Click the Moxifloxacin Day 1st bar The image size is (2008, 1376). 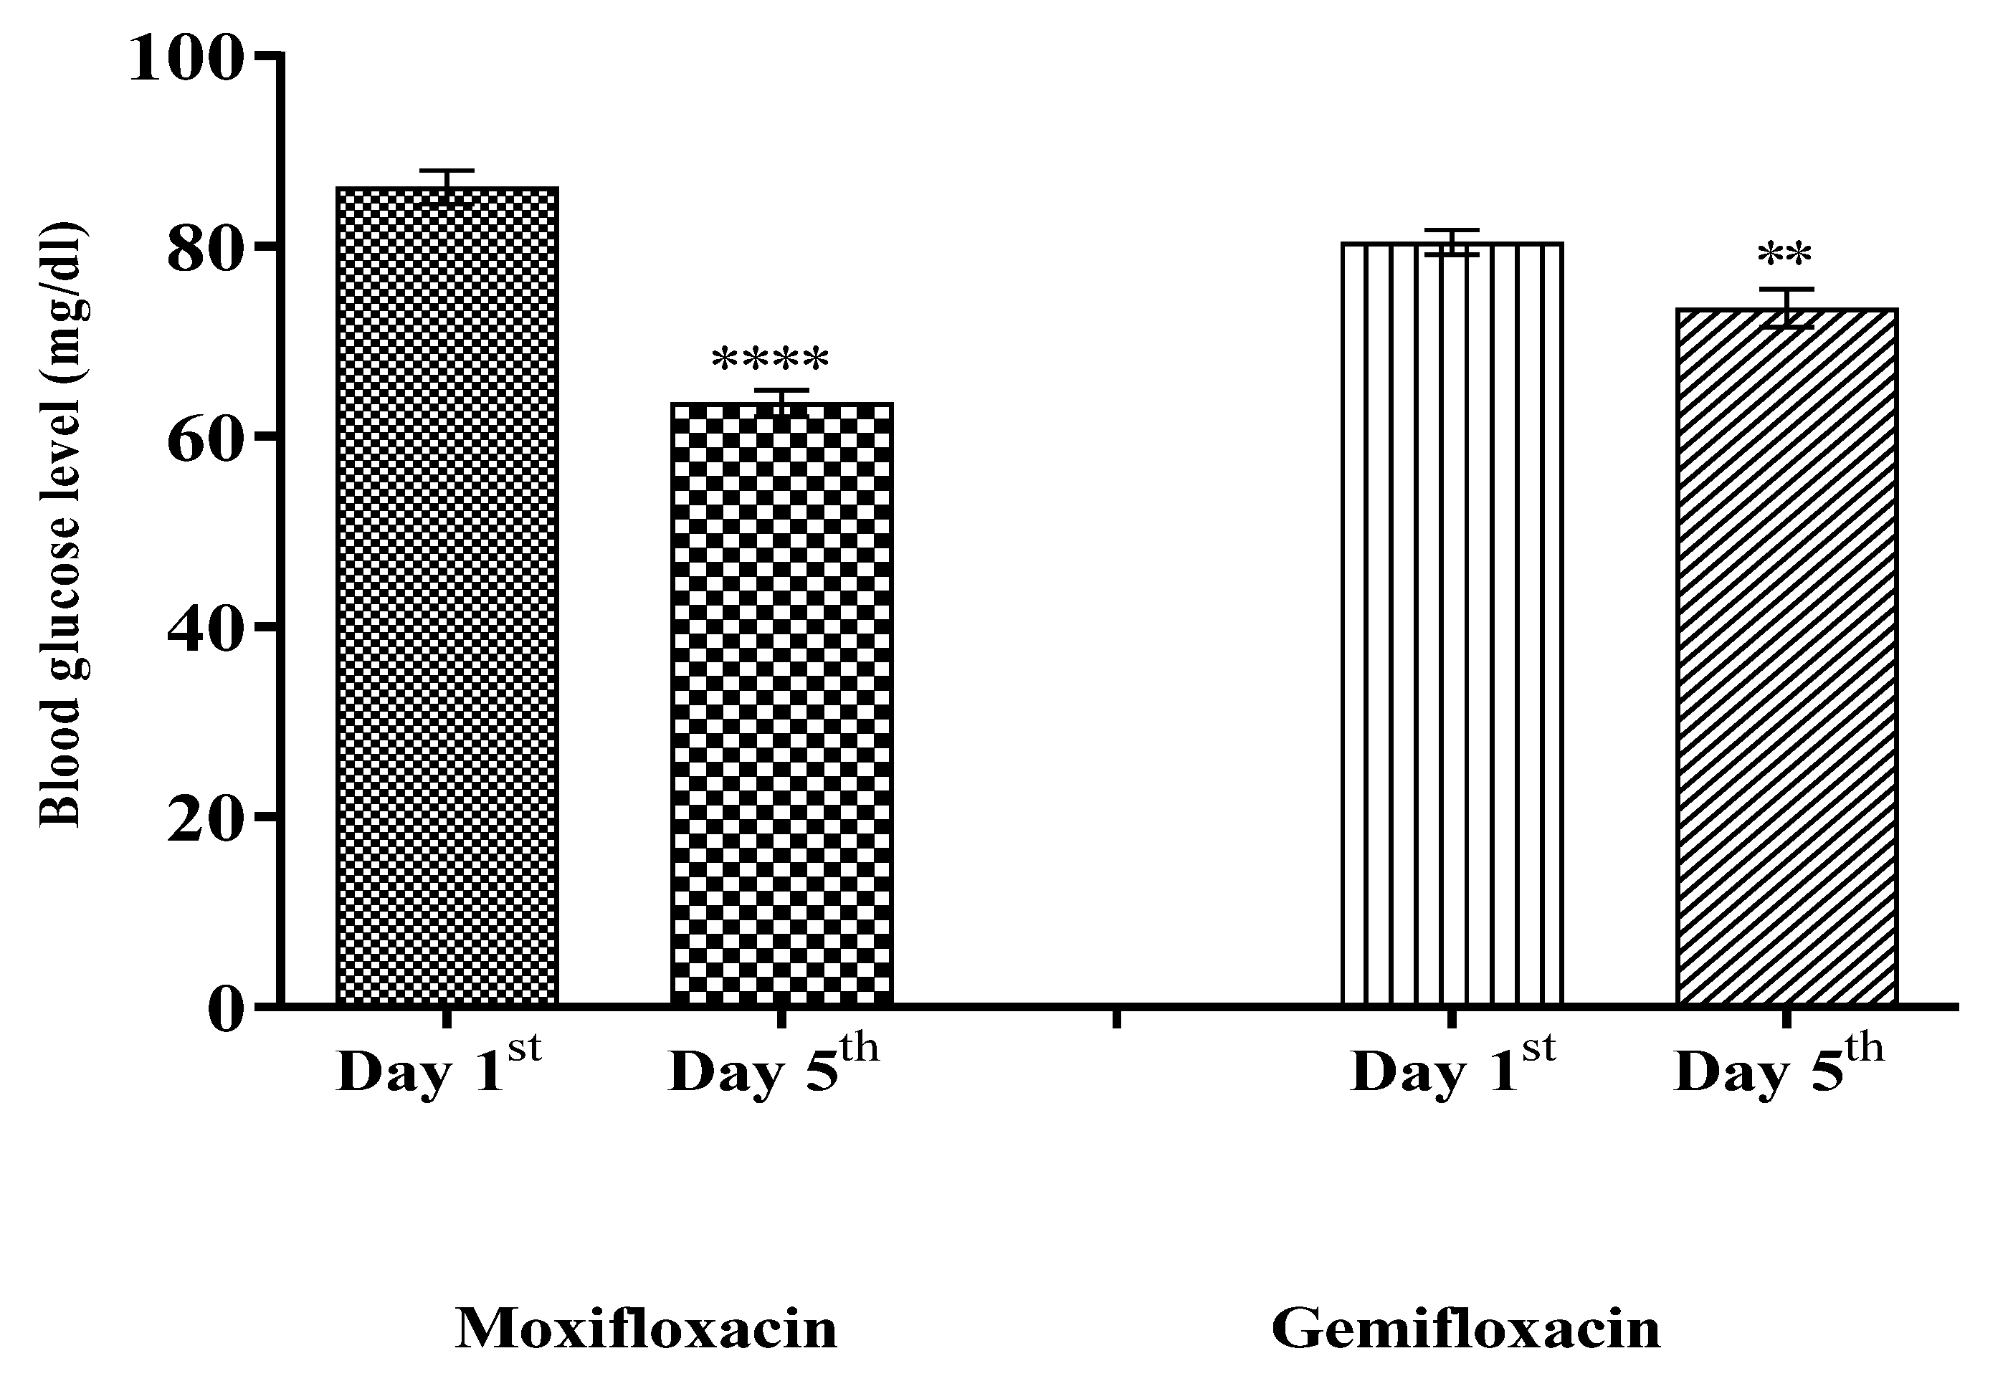[447, 596]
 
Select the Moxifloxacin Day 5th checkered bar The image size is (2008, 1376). [782, 704]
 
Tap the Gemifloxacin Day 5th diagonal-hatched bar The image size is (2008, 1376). [1786, 656]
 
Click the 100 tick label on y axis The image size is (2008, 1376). [184, 60]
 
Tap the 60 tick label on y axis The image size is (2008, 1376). [202, 441]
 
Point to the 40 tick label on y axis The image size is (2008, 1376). [202, 631]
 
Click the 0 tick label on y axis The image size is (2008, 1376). [224, 1009]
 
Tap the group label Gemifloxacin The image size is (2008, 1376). [1466, 1329]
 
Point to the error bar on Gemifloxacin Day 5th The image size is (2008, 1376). [1786, 307]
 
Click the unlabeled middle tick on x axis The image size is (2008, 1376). [1116, 1018]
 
